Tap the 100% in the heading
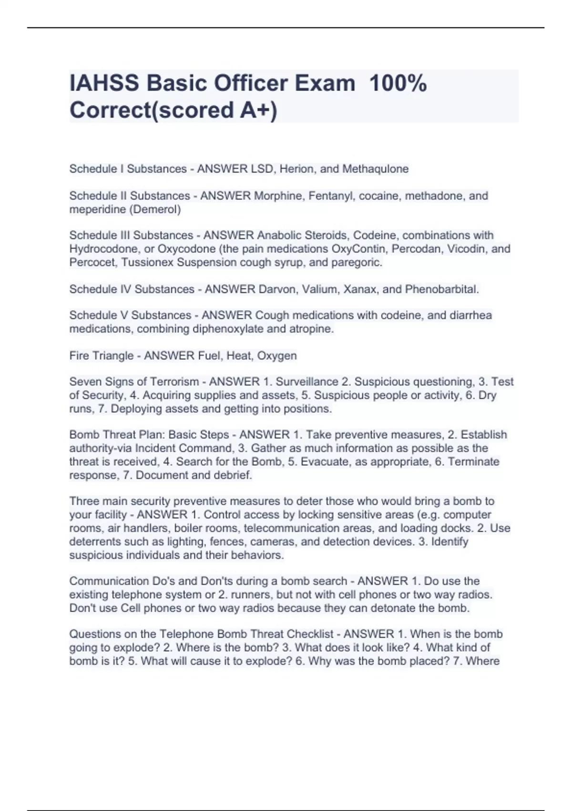[x=398, y=83]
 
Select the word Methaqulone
[x=375, y=169]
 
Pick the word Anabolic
[x=280, y=235]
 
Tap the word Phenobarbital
[x=442, y=289]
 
